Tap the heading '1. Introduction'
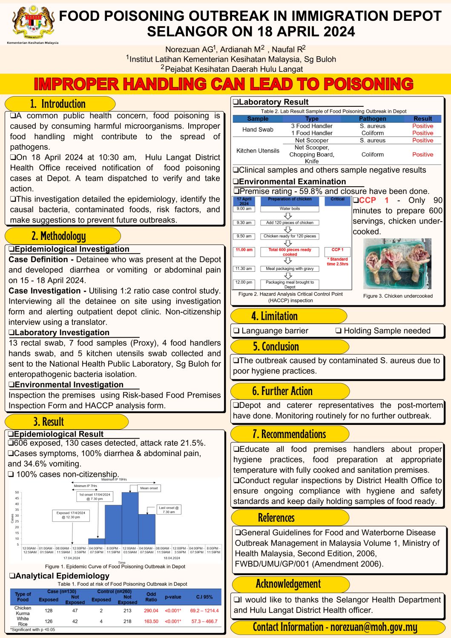(58, 104)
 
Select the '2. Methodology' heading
(59, 236)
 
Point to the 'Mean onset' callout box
(149, 488)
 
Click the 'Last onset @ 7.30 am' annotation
(169, 510)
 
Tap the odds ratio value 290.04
(151, 611)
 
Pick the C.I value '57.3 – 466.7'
(204, 621)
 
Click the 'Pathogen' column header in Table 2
(373, 119)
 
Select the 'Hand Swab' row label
(258, 130)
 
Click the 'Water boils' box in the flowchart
(290, 209)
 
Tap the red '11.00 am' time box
(244, 250)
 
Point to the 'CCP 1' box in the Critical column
(337, 250)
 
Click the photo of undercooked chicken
(397, 264)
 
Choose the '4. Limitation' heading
(275, 316)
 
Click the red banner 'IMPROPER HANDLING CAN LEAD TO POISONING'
(224, 84)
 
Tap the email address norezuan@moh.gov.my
(374, 627)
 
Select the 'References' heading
(276, 518)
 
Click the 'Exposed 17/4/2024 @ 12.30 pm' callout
(71, 515)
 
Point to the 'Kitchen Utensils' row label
(258, 151)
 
